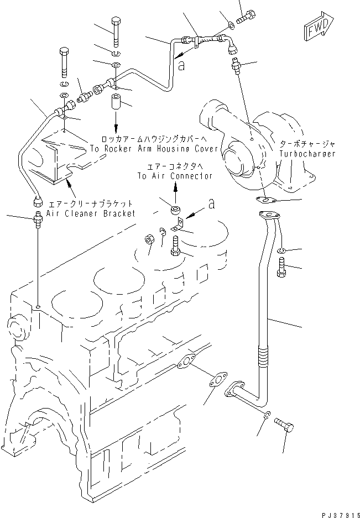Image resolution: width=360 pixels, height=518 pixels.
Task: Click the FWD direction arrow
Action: click(318, 27)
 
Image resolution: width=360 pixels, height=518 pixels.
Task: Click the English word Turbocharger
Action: click(307, 154)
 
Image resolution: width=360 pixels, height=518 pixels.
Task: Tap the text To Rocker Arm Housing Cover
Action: click(147, 149)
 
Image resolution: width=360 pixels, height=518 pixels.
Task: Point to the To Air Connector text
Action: click(175, 176)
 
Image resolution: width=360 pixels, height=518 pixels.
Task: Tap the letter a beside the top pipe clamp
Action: click(181, 64)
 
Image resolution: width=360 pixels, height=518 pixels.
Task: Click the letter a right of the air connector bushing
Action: click(210, 205)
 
